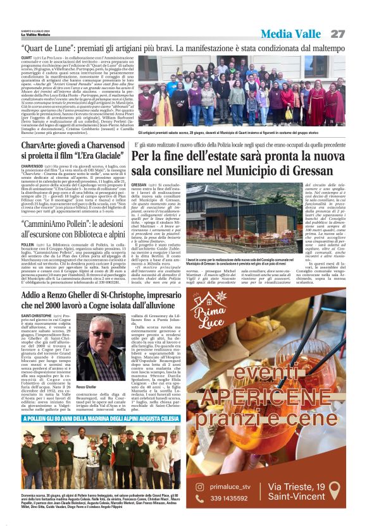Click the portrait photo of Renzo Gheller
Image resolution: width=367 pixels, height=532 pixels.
(x=98, y=347)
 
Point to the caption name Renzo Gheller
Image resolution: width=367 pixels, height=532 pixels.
(x=86, y=386)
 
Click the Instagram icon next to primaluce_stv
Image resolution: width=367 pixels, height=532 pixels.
(x=200, y=487)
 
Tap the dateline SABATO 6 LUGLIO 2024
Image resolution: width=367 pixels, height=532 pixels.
(x=35, y=30)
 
